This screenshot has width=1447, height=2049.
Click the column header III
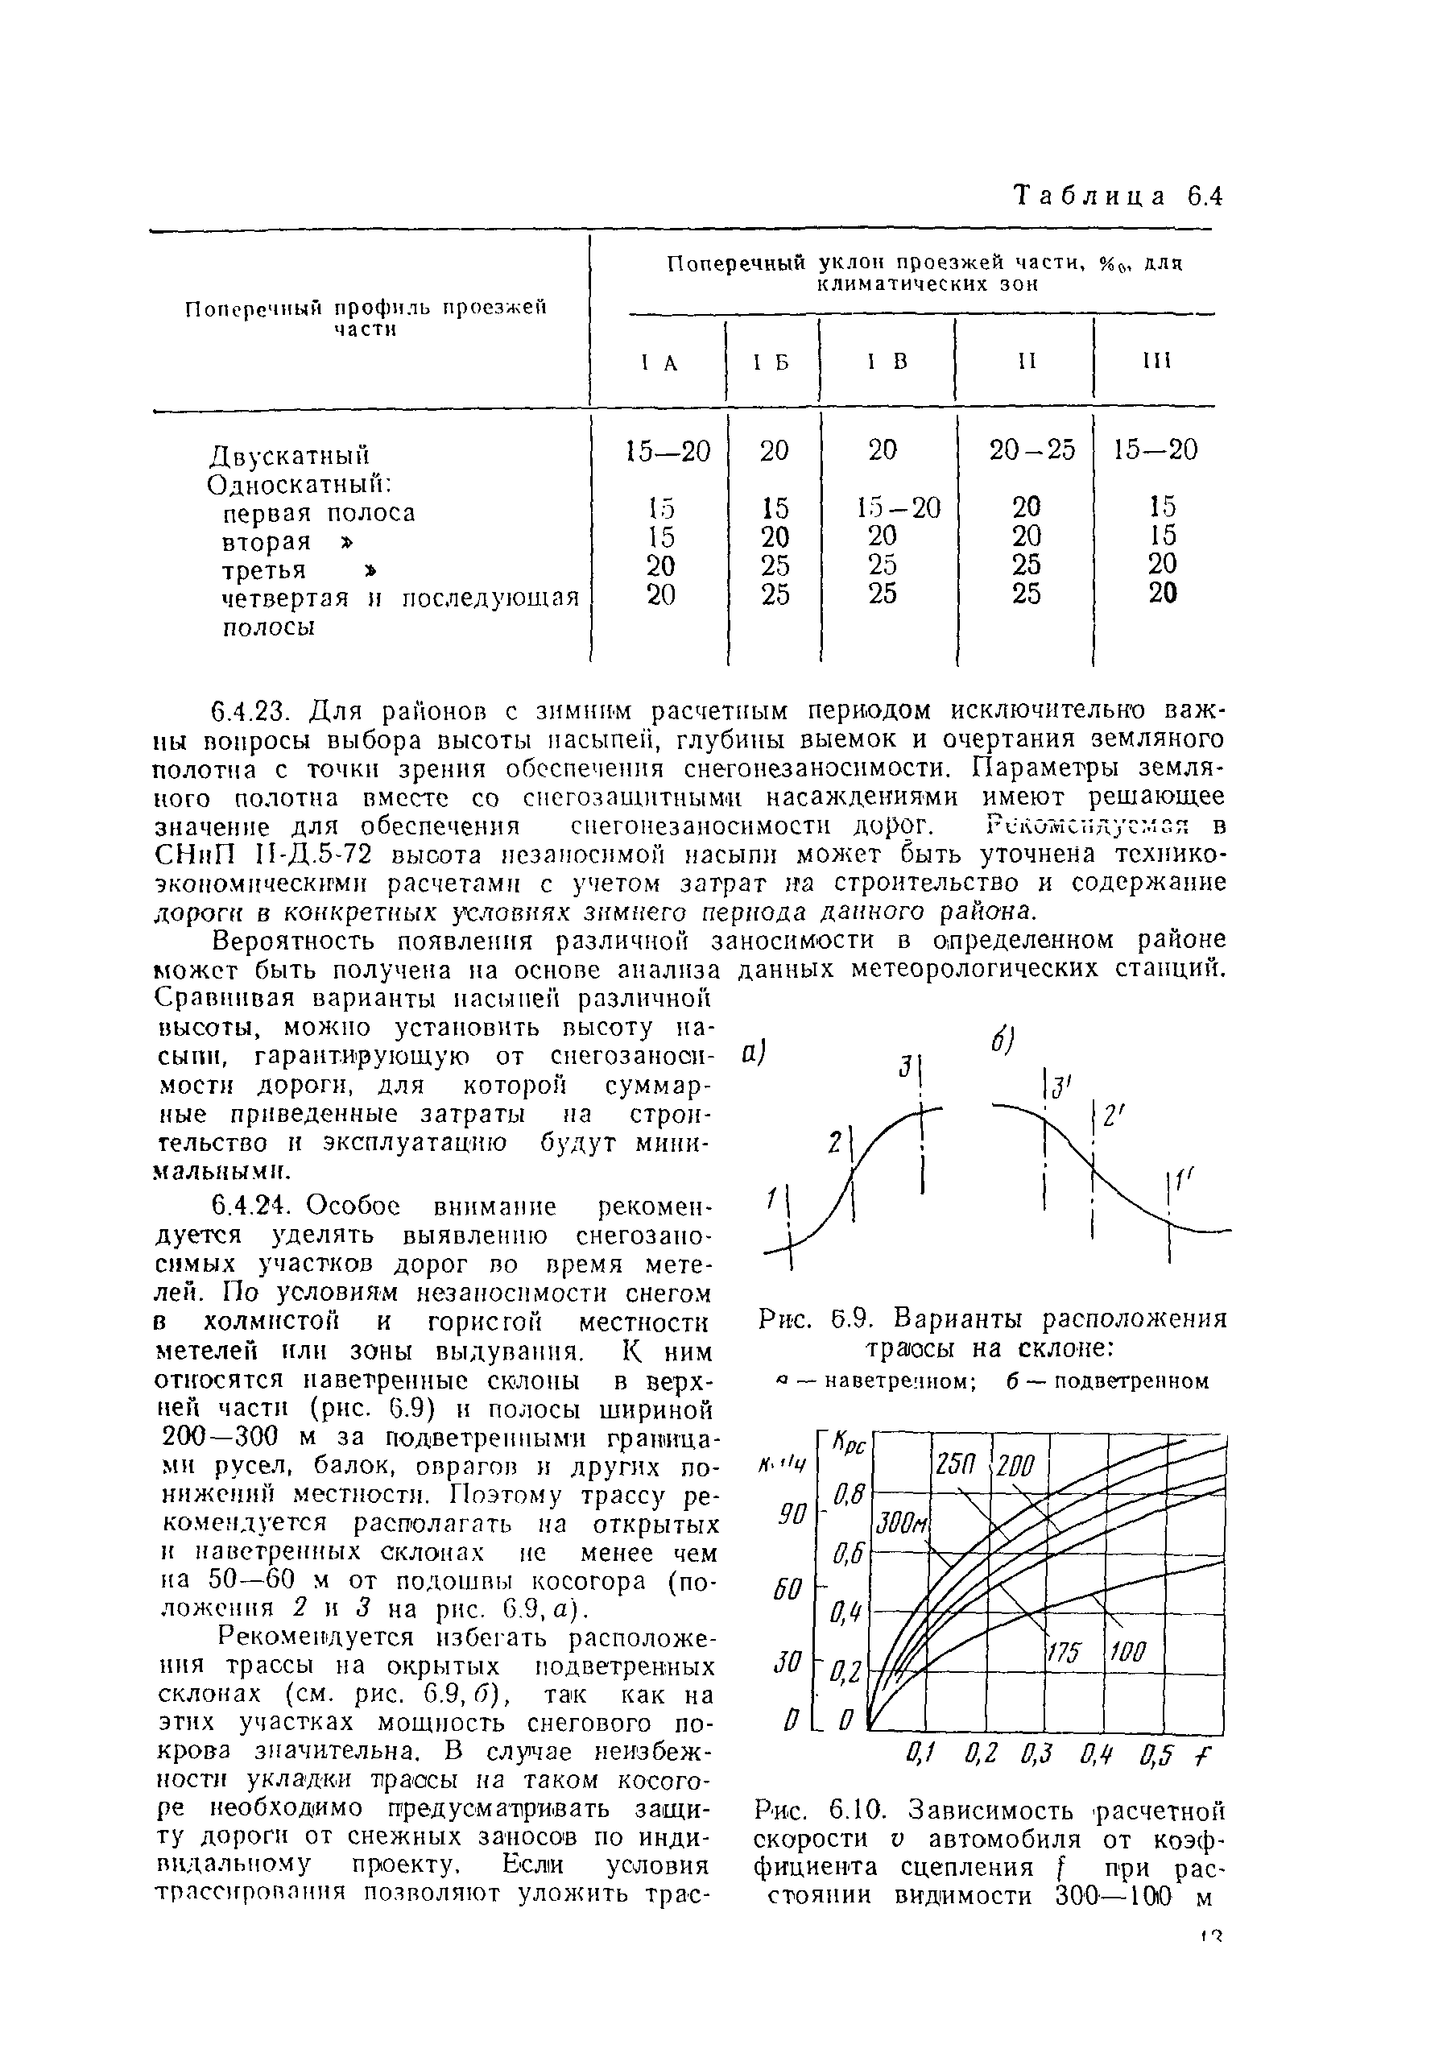click(1156, 361)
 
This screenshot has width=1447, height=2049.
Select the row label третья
click(263, 570)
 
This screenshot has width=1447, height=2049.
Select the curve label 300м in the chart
click(901, 1522)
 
